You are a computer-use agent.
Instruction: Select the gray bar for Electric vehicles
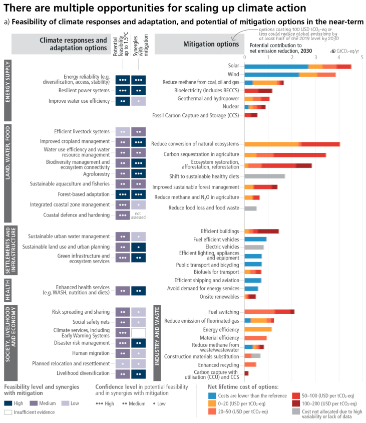click(254, 247)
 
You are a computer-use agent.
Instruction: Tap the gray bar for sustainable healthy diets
click(264, 176)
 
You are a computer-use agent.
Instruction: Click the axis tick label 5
click(361, 57)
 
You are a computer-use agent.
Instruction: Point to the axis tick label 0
click(244, 57)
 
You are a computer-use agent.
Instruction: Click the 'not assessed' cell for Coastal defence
click(139, 215)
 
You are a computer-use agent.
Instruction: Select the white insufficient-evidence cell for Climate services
click(139, 332)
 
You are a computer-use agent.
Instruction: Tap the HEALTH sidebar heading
click(8, 289)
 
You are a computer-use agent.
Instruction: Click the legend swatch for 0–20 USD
click(212, 402)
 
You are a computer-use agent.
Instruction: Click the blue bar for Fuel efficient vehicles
click(255, 239)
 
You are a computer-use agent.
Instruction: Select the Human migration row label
click(94, 353)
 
